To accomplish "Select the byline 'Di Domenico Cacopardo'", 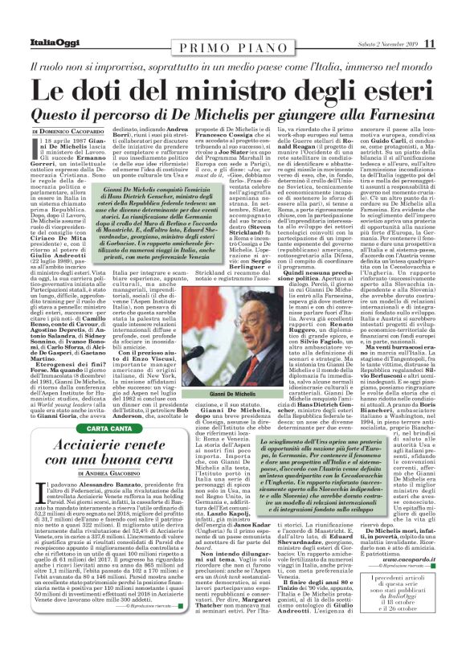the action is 71,130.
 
